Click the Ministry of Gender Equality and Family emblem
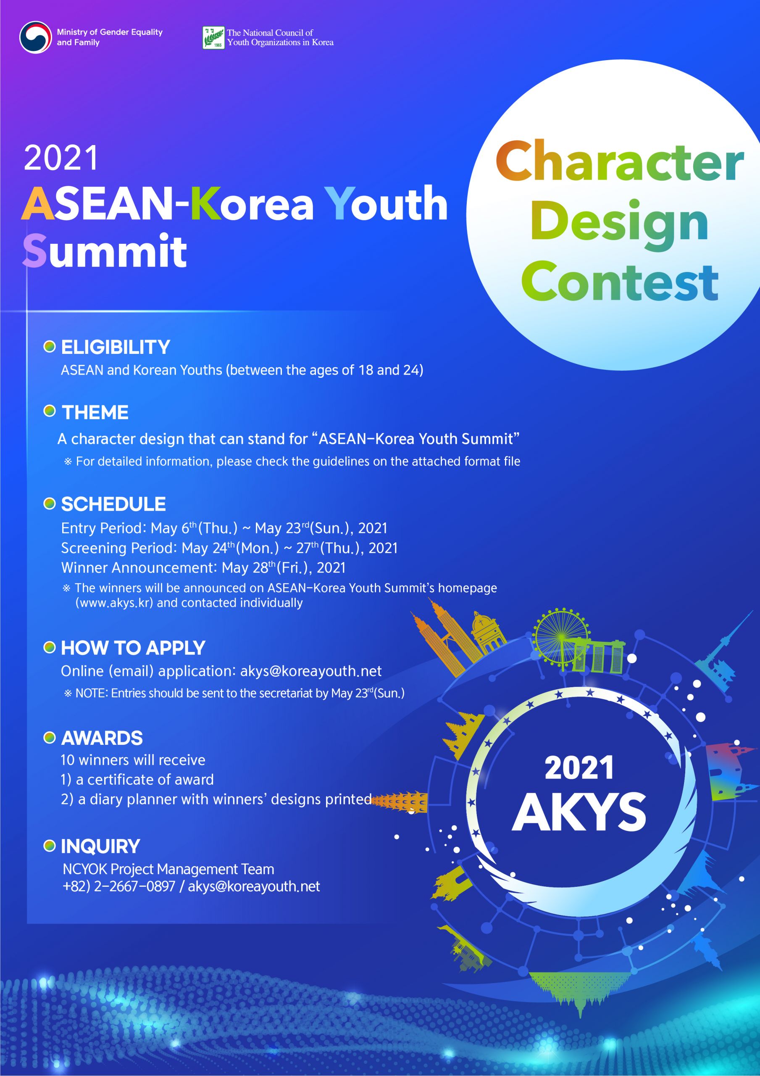pos(35,37)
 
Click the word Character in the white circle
pos(619,162)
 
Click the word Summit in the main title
pos(105,251)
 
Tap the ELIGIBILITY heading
pos(115,347)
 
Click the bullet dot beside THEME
pos(49,411)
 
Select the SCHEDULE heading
pos(113,504)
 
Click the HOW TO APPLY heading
pos(133,648)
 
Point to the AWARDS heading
pos(102,738)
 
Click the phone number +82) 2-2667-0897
pos(119,887)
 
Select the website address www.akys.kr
pos(114,603)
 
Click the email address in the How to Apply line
pos(310,671)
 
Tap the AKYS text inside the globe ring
pos(579,812)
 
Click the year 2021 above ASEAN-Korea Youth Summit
pos(61,158)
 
